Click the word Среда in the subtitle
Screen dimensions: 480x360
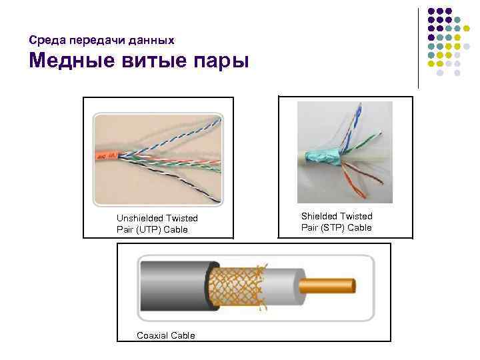pos(45,41)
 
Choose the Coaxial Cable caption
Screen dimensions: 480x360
pos(165,335)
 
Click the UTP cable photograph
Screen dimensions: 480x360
pos(158,160)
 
